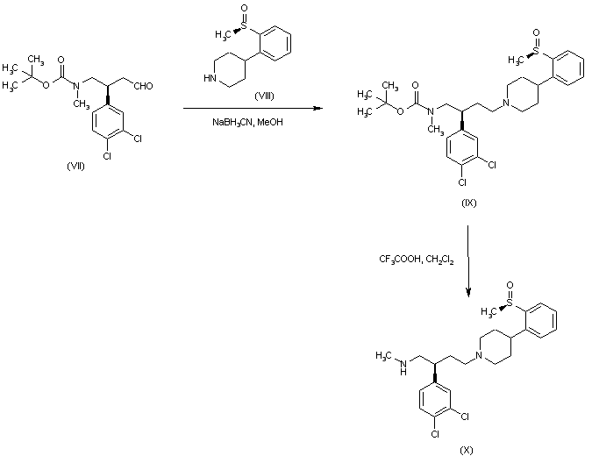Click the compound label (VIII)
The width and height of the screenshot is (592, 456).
coord(263,95)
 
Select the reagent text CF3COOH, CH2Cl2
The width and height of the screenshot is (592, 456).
coord(417,259)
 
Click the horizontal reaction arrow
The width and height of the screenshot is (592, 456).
coord(250,109)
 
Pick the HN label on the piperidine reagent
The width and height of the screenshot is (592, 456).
coord(210,77)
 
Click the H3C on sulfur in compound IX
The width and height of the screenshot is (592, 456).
coord(517,61)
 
